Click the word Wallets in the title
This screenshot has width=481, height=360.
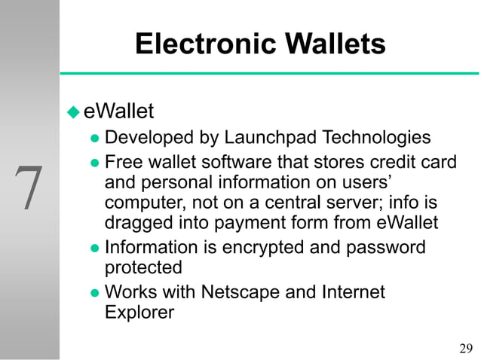[x=332, y=44]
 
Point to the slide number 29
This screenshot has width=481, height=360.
[x=466, y=347]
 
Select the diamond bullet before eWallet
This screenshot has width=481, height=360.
[x=73, y=113]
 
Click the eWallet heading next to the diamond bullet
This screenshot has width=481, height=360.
[x=118, y=112]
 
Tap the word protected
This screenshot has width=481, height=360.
[x=143, y=267]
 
